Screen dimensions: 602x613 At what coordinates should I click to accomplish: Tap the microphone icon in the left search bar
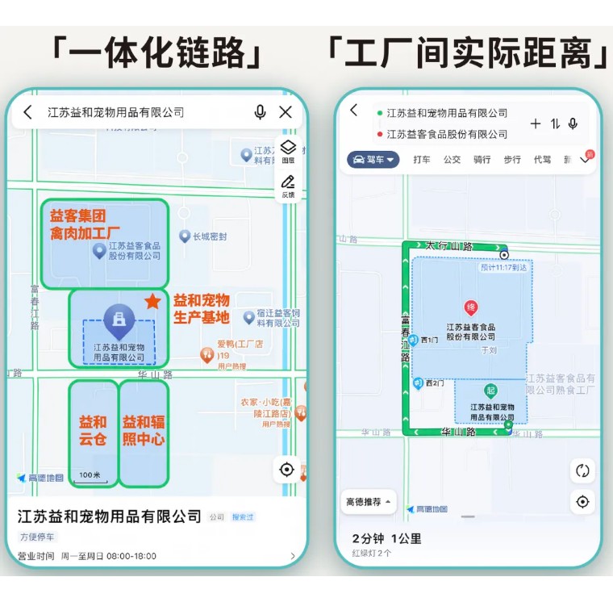point(260,112)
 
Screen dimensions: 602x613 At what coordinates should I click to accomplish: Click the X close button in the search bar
point(286,112)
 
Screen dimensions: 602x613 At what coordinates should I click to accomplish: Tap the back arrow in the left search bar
point(28,112)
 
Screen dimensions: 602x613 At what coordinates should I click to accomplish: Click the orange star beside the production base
point(152,301)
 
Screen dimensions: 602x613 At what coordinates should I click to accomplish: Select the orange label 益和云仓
point(93,431)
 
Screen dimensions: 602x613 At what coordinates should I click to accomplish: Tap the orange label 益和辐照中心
point(144,431)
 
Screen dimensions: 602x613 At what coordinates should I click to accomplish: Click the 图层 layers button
point(288,151)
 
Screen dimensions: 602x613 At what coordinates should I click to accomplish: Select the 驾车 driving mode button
point(373,160)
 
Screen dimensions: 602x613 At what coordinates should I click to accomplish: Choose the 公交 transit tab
point(452,160)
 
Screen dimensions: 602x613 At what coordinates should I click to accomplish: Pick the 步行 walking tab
point(512,160)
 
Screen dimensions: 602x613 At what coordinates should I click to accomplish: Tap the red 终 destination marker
point(471,307)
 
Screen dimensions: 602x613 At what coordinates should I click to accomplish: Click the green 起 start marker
point(490,391)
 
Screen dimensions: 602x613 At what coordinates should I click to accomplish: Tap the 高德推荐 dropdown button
point(369,502)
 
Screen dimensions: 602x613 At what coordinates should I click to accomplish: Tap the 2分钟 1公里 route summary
point(386,538)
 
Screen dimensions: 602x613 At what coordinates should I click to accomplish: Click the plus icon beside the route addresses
point(536,123)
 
